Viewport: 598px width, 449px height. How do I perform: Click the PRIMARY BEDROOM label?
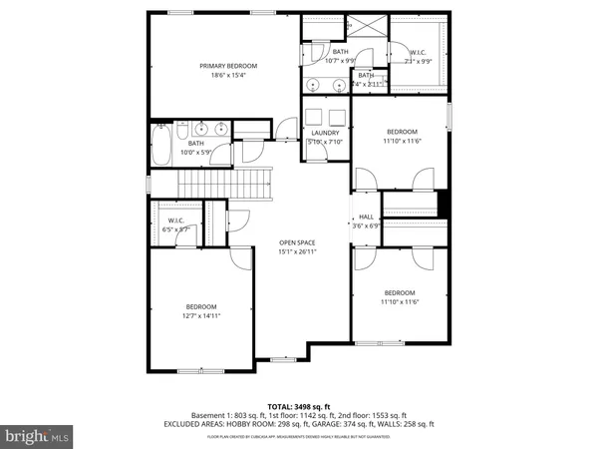221,65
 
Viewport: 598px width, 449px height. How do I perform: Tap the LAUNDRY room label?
325,133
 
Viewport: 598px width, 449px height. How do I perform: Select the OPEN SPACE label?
299,241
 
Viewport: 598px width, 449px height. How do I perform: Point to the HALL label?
366,217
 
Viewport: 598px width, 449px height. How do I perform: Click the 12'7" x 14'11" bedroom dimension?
200,315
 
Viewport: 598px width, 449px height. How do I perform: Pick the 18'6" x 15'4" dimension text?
221,75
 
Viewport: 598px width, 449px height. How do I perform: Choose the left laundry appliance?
314,115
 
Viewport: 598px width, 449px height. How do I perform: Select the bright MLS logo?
38,436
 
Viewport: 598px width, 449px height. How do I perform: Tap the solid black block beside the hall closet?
445,203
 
